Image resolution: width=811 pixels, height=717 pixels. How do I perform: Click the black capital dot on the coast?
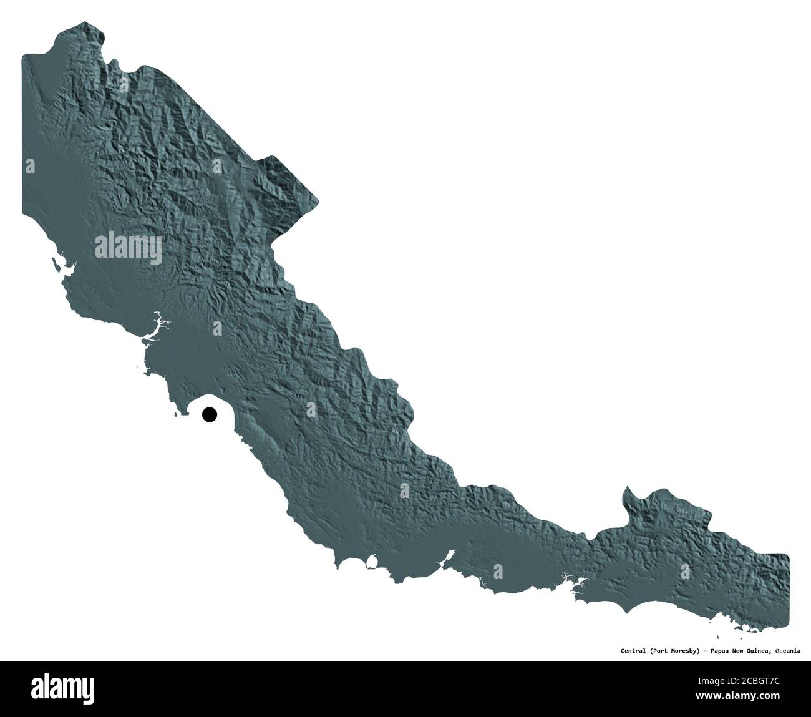(x=209, y=414)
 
